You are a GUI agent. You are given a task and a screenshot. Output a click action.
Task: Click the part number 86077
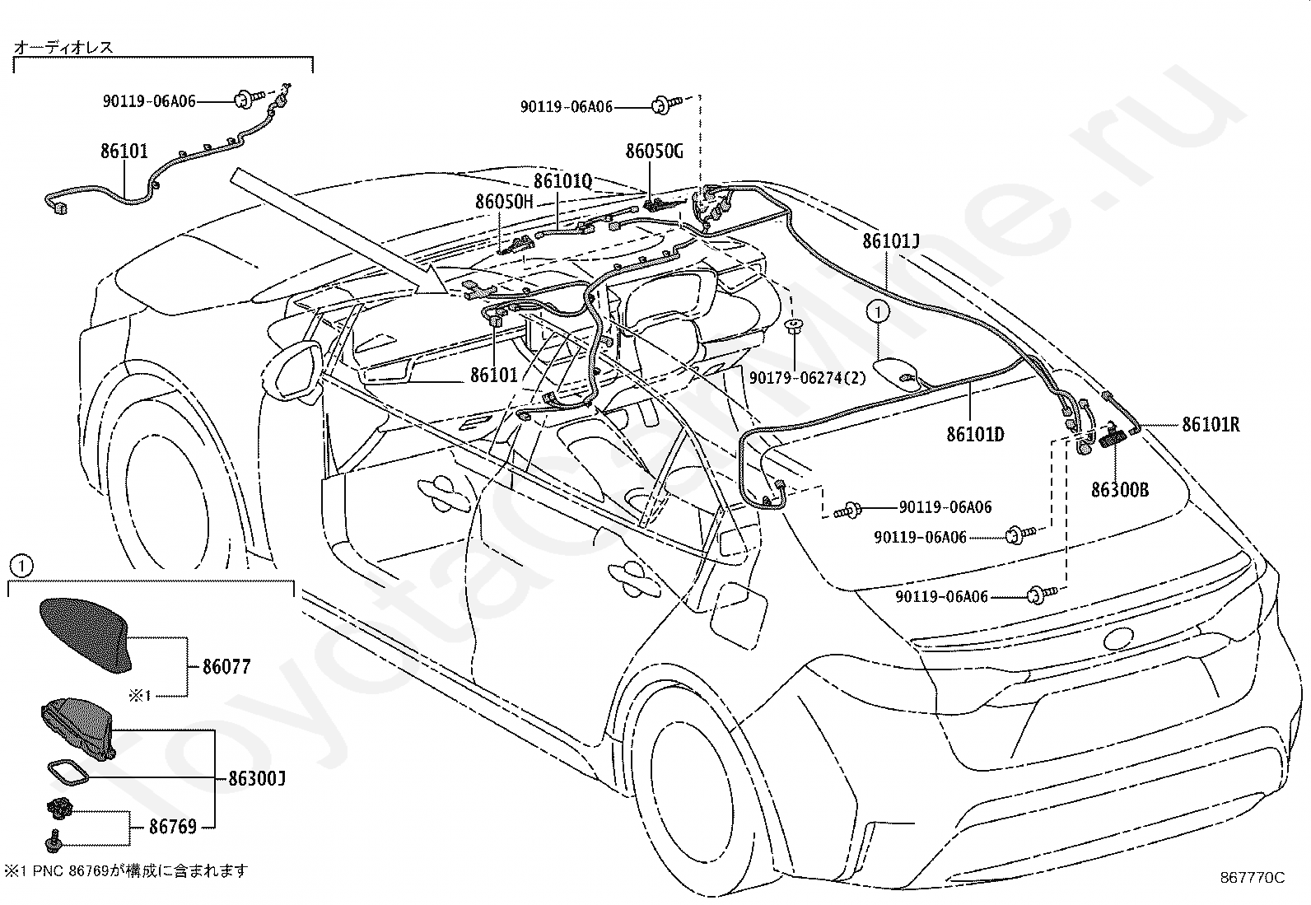click(226, 666)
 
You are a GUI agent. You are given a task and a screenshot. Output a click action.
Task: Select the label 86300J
click(256, 778)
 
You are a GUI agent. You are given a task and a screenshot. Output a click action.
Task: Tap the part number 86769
click(172, 826)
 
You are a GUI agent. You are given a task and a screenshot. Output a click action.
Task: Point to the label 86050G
click(654, 152)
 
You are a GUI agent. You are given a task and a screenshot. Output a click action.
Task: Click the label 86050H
click(504, 202)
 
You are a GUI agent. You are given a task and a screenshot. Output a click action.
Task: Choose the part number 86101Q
click(562, 180)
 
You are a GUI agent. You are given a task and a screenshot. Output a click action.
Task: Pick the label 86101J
click(890, 241)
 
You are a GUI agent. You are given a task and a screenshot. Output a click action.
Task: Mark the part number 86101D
click(975, 434)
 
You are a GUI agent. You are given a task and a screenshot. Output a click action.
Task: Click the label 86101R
click(1210, 425)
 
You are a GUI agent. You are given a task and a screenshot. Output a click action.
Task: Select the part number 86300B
click(1119, 490)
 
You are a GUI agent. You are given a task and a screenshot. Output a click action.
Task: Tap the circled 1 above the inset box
click(21, 566)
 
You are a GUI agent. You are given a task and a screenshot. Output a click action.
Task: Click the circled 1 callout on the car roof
click(878, 312)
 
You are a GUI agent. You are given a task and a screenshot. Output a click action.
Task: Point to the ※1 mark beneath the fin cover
click(140, 696)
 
